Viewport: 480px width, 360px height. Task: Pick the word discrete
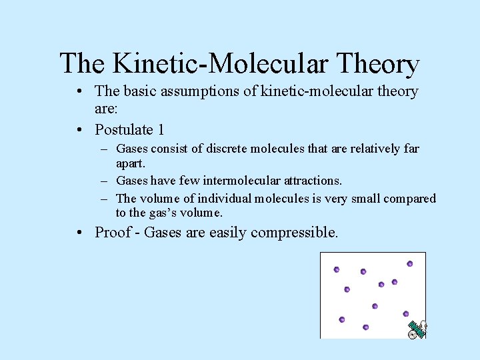pyautogui.click(x=213, y=149)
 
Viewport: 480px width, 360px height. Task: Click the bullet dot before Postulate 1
pyautogui.click(x=79, y=129)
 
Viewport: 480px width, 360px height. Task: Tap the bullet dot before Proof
pyautogui.click(x=79, y=233)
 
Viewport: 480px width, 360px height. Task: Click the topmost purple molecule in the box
pyautogui.click(x=410, y=264)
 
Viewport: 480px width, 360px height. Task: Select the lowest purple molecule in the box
pyautogui.click(x=365, y=327)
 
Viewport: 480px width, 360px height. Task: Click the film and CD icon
pyautogui.click(x=417, y=329)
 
